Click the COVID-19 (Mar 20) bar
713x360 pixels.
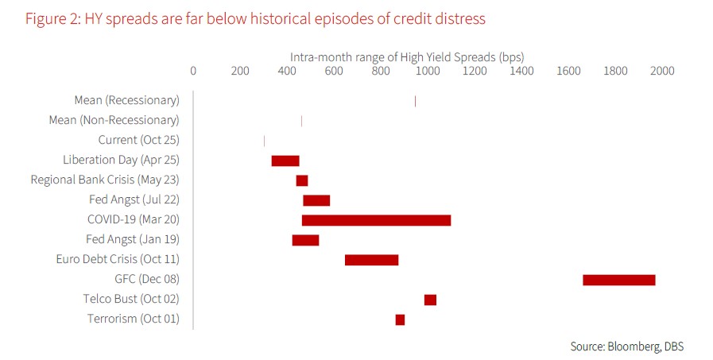coord(376,220)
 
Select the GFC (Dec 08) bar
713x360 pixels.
coord(618,280)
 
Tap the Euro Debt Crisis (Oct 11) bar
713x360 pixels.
coord(371,260)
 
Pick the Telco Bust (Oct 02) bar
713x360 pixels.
coord(430,300)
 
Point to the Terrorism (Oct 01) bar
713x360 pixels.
coord(400,319)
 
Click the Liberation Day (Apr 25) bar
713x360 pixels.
coord(285,161)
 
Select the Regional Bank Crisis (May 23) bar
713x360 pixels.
coord(301,180)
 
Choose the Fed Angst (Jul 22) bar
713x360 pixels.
coord(316,200)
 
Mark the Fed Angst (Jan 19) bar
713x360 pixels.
coord(305,240)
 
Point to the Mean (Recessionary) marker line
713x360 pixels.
coord(415,101)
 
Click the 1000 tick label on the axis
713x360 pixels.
coord(428,71)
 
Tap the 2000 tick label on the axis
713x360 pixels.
coord(662,71)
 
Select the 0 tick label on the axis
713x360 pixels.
coord(193,71)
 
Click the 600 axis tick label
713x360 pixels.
coord(334,71)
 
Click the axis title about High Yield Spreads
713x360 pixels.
coord(406,56)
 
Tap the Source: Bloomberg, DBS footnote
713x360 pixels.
coord(626,346)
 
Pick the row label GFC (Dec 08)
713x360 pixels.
coord(147,279)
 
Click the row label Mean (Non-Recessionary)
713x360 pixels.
coord(114,120)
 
